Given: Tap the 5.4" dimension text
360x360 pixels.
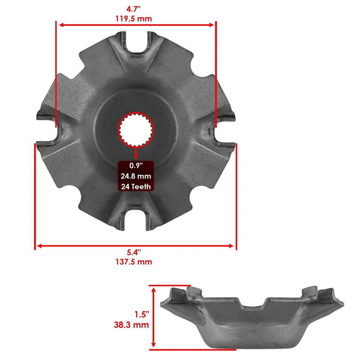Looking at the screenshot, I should (x=135, y=252).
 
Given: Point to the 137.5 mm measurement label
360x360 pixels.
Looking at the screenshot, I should (x=135, y=262).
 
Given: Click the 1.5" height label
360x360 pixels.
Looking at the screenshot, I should (x=142, y=314).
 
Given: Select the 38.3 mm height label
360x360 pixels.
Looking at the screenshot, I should (x=132, y=325).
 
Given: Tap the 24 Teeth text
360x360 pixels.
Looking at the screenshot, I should (x=136, y=186).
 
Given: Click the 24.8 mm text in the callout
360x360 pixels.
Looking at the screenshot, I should (x=136, y=176).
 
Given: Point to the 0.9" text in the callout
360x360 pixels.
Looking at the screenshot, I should (x=136, y=166).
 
